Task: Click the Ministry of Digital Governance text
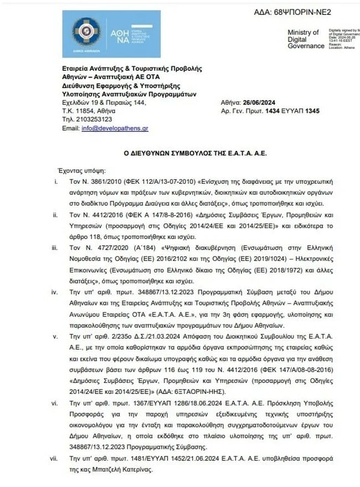pos(306,39)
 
